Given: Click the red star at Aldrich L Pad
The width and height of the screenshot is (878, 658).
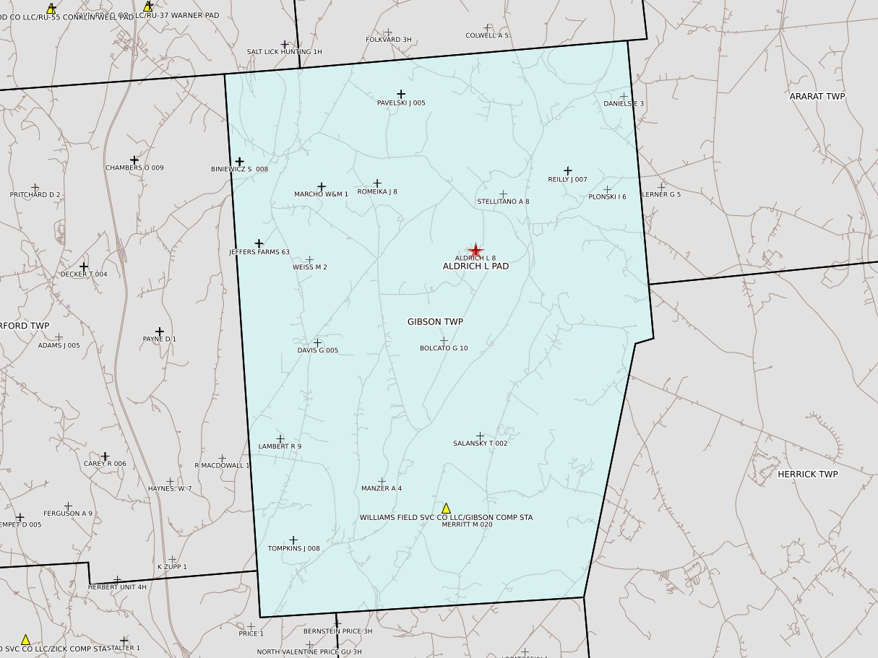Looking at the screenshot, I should pyautogui.click(x=475, y=251).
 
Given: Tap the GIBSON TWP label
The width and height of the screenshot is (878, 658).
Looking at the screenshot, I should pyautogui.click(x=435, y=322).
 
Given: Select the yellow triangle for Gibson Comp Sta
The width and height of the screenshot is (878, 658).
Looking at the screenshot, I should pyautogui.click(x=446, y=508).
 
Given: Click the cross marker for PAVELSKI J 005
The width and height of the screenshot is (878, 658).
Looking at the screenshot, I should pyautogui.click(x=401, y=94).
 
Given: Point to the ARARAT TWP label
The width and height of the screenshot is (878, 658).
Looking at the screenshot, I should pyautogui.click(x=817, y=96).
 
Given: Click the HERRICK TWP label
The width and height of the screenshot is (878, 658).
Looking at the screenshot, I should pyautogui.click(x=807, y=475).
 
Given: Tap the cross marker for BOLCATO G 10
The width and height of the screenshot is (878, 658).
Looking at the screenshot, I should pyautogui.click(x=444, y=340).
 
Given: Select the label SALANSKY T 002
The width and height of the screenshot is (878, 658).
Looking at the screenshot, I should pyautogui.click(x=480, y=443).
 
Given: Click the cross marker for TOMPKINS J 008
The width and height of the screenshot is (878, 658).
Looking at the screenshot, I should pyautogui.click(x=293, y=540).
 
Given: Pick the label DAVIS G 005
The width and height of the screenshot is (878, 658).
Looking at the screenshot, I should pyautogui.click(x=317, y=351).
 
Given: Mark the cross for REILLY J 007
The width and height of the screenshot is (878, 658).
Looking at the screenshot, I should pyautogui.click(x=568, y=171).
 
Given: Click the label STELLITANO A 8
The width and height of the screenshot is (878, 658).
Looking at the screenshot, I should pyautogui.click(x=503, y=202).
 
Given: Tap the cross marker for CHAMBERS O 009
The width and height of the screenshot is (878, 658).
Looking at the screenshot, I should pyautogui.click(x=134, y=160).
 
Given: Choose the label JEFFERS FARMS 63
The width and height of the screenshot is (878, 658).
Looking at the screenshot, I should pyautogui.click(x=259, y=252).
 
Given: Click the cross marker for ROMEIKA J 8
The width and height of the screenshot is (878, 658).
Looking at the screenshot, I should pyautogui.click(x=376, y=183).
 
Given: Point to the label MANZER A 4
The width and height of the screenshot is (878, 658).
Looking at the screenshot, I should pyautogui.click(x=381, y=489).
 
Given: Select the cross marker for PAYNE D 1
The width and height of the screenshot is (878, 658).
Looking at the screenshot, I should pyautogui.click(x=160, y=332).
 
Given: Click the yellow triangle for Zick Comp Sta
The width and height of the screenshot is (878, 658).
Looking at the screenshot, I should pyautogui.click(x=25, y=640).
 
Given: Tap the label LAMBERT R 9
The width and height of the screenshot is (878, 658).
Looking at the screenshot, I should pyautogui.click(x=280, y=446).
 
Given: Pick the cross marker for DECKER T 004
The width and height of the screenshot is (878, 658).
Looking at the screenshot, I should pyautogui.click(x=84, y=267).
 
